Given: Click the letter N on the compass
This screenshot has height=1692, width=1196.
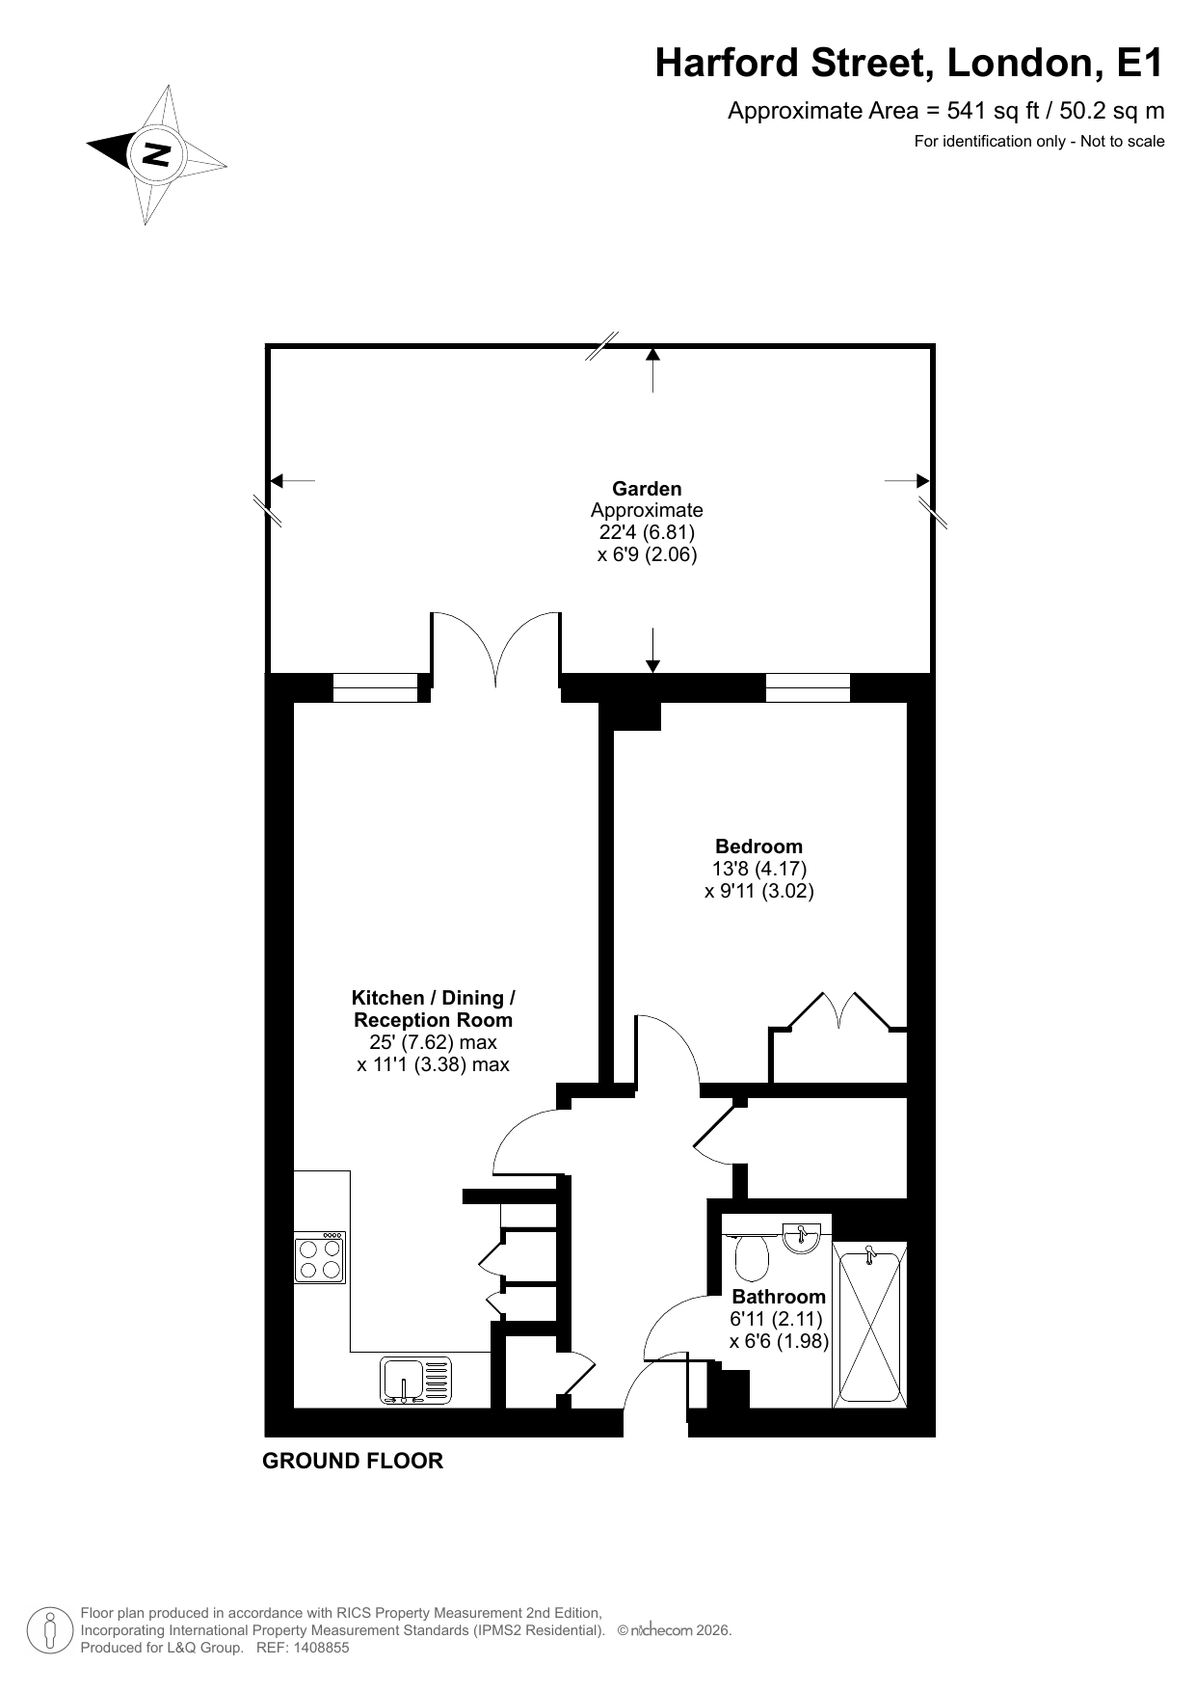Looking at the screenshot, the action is coord(156,154).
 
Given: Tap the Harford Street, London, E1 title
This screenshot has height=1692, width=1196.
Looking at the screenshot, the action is coord(909,64).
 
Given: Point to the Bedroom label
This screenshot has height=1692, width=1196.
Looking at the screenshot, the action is coord(758,846).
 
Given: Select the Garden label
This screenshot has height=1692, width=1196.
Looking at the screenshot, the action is coord(647,489).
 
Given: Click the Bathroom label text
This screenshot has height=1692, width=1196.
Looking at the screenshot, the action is coord(779,1297).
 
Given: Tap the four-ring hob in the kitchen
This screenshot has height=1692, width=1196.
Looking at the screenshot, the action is coord(320,1257).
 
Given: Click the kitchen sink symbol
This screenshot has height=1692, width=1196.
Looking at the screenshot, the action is coord(416,1380).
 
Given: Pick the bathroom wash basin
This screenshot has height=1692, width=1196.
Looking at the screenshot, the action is coord(801,1237).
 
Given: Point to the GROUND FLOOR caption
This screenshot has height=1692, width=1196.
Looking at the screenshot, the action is coord(353,1461).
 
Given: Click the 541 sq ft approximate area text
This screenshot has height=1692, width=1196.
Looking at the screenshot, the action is coord(946,111).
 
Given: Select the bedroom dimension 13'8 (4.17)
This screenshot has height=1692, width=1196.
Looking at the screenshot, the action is coord(759,869).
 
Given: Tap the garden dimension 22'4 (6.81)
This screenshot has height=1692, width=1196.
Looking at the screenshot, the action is coord(647,532).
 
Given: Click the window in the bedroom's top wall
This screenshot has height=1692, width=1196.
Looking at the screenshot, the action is coord(809,687).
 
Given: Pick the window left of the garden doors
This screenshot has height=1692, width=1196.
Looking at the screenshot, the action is coord(376,687).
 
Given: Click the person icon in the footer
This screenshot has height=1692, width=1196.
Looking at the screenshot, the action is coord(48,1631).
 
